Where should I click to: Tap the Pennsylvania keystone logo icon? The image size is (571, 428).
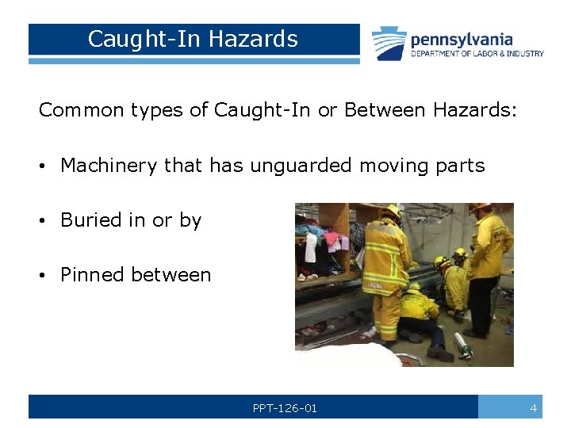(389, 43)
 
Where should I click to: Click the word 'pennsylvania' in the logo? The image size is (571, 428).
(461, 39)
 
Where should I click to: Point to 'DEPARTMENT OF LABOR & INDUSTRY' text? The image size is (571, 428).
(477, 54)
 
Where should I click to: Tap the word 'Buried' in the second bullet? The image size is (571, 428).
(89, 220)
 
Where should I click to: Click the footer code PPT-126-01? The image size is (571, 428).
(285, 408)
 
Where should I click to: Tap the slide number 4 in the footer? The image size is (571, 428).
(533, 408)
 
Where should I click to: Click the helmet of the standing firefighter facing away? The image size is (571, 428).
(390, 212)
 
